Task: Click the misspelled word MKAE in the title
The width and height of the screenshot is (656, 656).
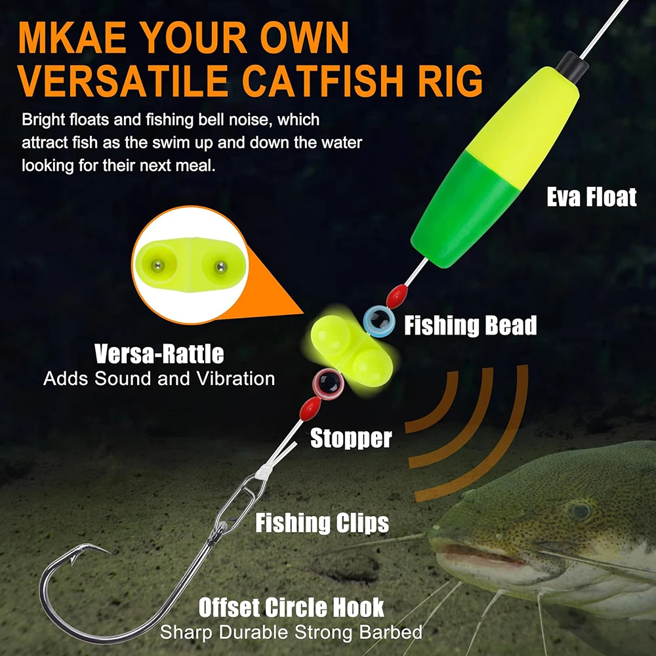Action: tap(72, 37)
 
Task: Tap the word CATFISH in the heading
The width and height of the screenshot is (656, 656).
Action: tap(323, 81)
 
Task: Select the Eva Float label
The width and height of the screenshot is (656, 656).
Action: tap(592, 197)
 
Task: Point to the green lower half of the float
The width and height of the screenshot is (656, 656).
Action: tap(464, 209)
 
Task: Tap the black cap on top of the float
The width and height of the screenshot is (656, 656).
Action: tap(572, 67)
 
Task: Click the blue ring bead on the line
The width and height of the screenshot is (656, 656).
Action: tap(379, 321)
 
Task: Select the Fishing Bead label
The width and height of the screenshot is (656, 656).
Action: tap(470, 325)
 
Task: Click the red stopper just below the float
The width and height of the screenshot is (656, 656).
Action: tap(397, 296)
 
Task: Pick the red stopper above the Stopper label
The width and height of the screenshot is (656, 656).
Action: tap(310, 409)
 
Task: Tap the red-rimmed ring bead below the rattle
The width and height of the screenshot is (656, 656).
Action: tap(329, 384)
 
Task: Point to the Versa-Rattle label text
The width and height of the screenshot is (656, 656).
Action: tap(159, 354)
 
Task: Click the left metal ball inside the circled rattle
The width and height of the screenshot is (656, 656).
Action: tap(157, 265)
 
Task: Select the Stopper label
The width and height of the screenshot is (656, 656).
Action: tap(351, 438)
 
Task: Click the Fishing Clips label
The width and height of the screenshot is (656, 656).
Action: tap(322, 523)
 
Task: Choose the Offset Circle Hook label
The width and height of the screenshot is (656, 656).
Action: tap(291, 607)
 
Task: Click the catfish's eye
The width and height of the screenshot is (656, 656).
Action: tap(579, 511)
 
